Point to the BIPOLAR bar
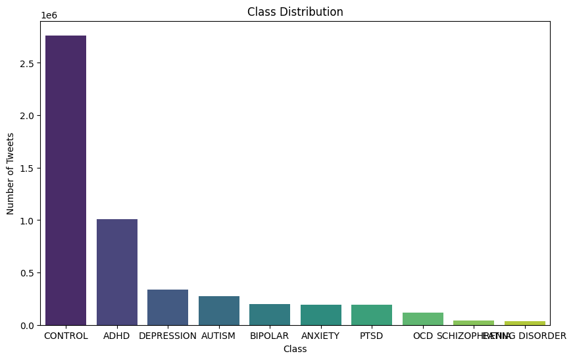point(270,315)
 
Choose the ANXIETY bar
point(320,315)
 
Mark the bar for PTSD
point(372,315)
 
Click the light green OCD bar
point(422,319)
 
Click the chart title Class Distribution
point(295,12)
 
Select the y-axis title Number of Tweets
point(11,173)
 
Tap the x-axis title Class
point(295,349)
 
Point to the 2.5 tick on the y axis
point(28,63)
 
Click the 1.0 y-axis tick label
point(28,220)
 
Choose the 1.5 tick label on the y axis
point(28,168)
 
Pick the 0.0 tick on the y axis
point(28,325)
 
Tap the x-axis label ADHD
point(116,336)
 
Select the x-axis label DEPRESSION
point(168,336)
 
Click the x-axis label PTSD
point(372,336)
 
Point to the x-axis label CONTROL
point(66,336)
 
